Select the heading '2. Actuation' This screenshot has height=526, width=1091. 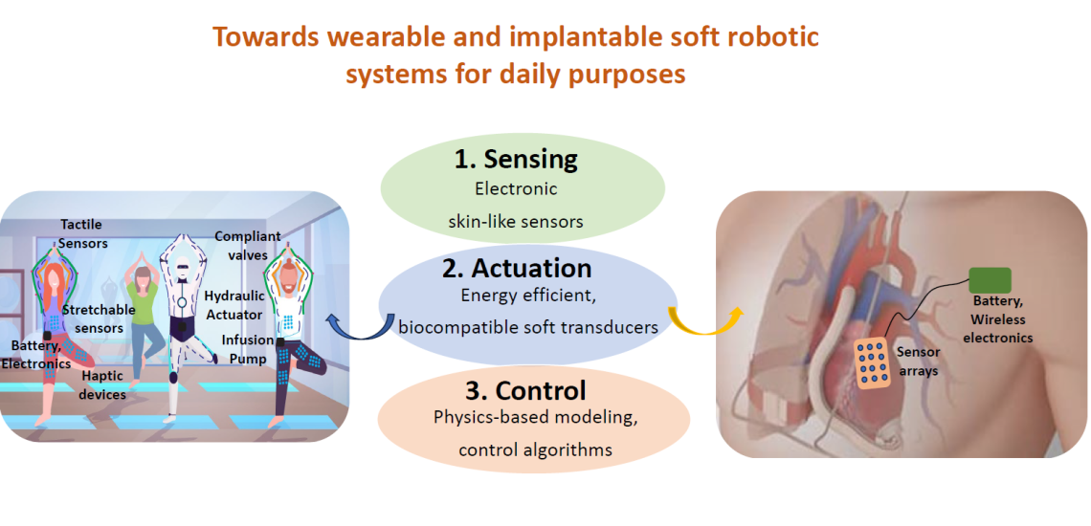coord(517,269)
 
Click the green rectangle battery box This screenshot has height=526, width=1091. coord(990,280)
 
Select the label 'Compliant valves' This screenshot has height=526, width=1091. coord(247,245)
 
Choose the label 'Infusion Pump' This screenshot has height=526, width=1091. coord(247,349)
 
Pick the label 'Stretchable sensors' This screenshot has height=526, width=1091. coord(99,318)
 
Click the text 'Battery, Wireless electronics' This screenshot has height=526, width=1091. coord(998,319)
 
